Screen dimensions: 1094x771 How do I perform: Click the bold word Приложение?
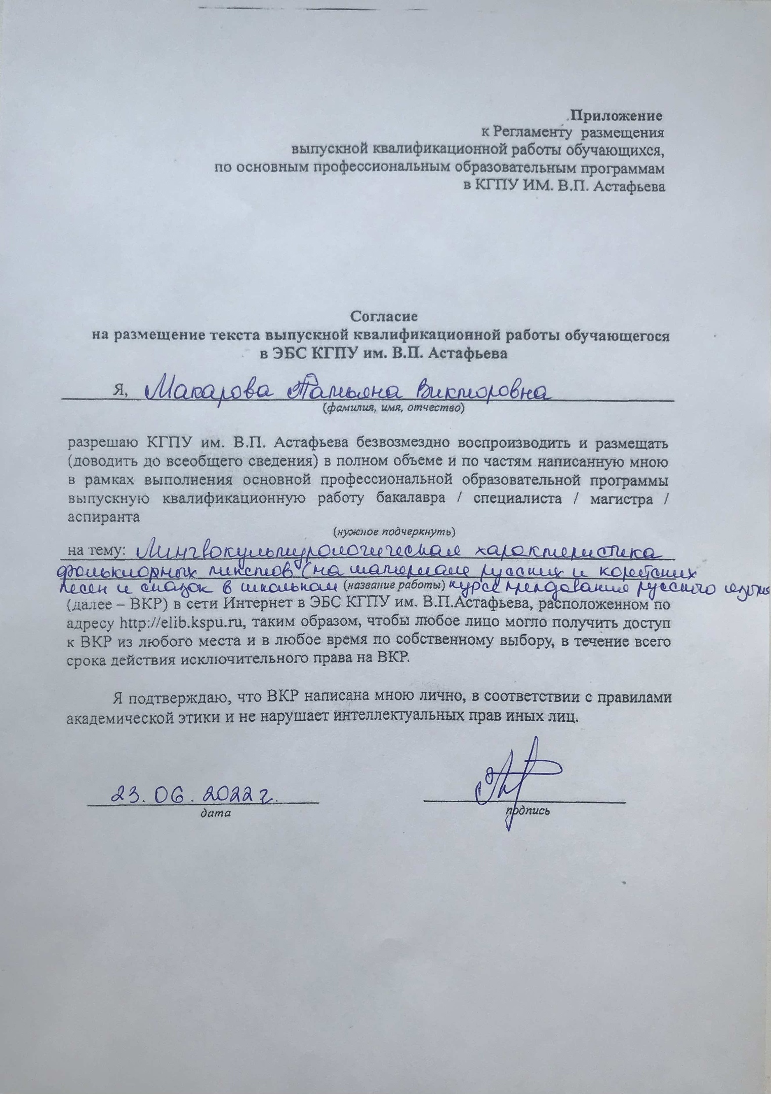(617, 116)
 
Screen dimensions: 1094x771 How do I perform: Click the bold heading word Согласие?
(384, 317)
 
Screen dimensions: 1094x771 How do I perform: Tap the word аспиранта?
(103, 517)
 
